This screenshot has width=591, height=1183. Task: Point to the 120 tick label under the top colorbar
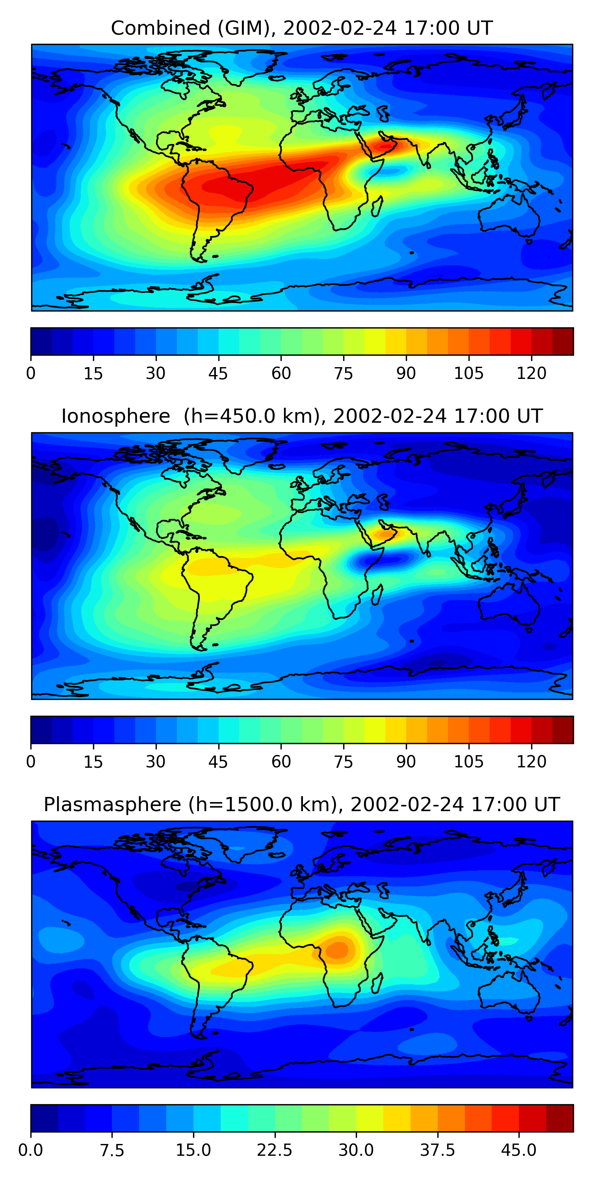[x=532, y=373]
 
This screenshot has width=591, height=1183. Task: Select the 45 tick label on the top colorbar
[x=218, y=373]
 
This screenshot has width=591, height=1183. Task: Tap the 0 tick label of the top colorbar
[x=31, y=373]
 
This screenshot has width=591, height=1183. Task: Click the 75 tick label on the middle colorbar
[x=343, y=761]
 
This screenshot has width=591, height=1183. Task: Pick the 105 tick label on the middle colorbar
[x=468, y=761]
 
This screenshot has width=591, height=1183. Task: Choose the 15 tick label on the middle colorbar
[x=93, y=761]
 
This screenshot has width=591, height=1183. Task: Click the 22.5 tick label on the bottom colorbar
[x=274, y=1150]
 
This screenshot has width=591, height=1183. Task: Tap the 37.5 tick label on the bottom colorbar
[x=437, y=1150]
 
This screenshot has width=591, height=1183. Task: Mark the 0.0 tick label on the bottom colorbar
[x=31, y=1150]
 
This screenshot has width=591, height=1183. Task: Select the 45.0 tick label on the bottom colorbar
[x=519, y=1150]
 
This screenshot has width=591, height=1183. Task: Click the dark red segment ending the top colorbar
[x=563, y=341]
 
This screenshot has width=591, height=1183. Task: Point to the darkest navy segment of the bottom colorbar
[x=44, y=1118]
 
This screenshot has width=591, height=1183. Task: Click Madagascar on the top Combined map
[x=377, y=207]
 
